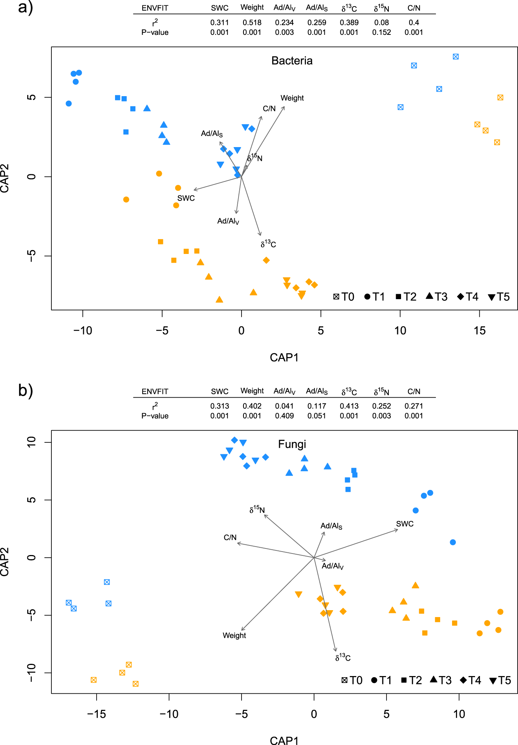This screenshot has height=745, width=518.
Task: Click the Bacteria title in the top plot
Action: tap(292, 61)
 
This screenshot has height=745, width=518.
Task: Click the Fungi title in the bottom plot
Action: tap(292, 444)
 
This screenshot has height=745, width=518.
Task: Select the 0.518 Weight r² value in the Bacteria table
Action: tap(252, 23)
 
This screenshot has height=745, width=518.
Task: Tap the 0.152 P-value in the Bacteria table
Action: tap(382, 33)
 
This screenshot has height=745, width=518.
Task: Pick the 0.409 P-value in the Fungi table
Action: tap(284, 416)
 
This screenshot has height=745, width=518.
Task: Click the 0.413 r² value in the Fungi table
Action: tap(349, 406)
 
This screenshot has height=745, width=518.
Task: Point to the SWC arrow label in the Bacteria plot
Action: tap(186, 198)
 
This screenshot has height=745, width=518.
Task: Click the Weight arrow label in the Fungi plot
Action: tap(234, 635)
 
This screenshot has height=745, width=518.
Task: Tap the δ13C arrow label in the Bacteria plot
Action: tap(268, 244)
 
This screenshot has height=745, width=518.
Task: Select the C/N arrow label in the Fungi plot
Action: tap(230, 537)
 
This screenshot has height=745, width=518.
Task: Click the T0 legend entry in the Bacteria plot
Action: tap(344, 297)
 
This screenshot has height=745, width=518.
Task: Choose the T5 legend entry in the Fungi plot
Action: tap(500, 680)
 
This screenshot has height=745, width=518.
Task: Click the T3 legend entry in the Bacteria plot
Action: tap(437, 297)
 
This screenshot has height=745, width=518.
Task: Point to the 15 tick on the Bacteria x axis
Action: tap(479, 331)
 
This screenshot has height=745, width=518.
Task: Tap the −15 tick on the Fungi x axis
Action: tap(96, 714)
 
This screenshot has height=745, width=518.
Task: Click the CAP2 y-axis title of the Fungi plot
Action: tap(5, 562)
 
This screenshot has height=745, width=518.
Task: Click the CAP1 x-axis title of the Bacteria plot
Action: tap(284, 357)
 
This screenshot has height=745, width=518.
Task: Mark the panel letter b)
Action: tap(25, 390)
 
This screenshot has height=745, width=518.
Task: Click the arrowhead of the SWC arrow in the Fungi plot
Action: tap(397, 530)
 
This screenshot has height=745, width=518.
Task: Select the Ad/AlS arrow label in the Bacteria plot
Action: tap(212, 134)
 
